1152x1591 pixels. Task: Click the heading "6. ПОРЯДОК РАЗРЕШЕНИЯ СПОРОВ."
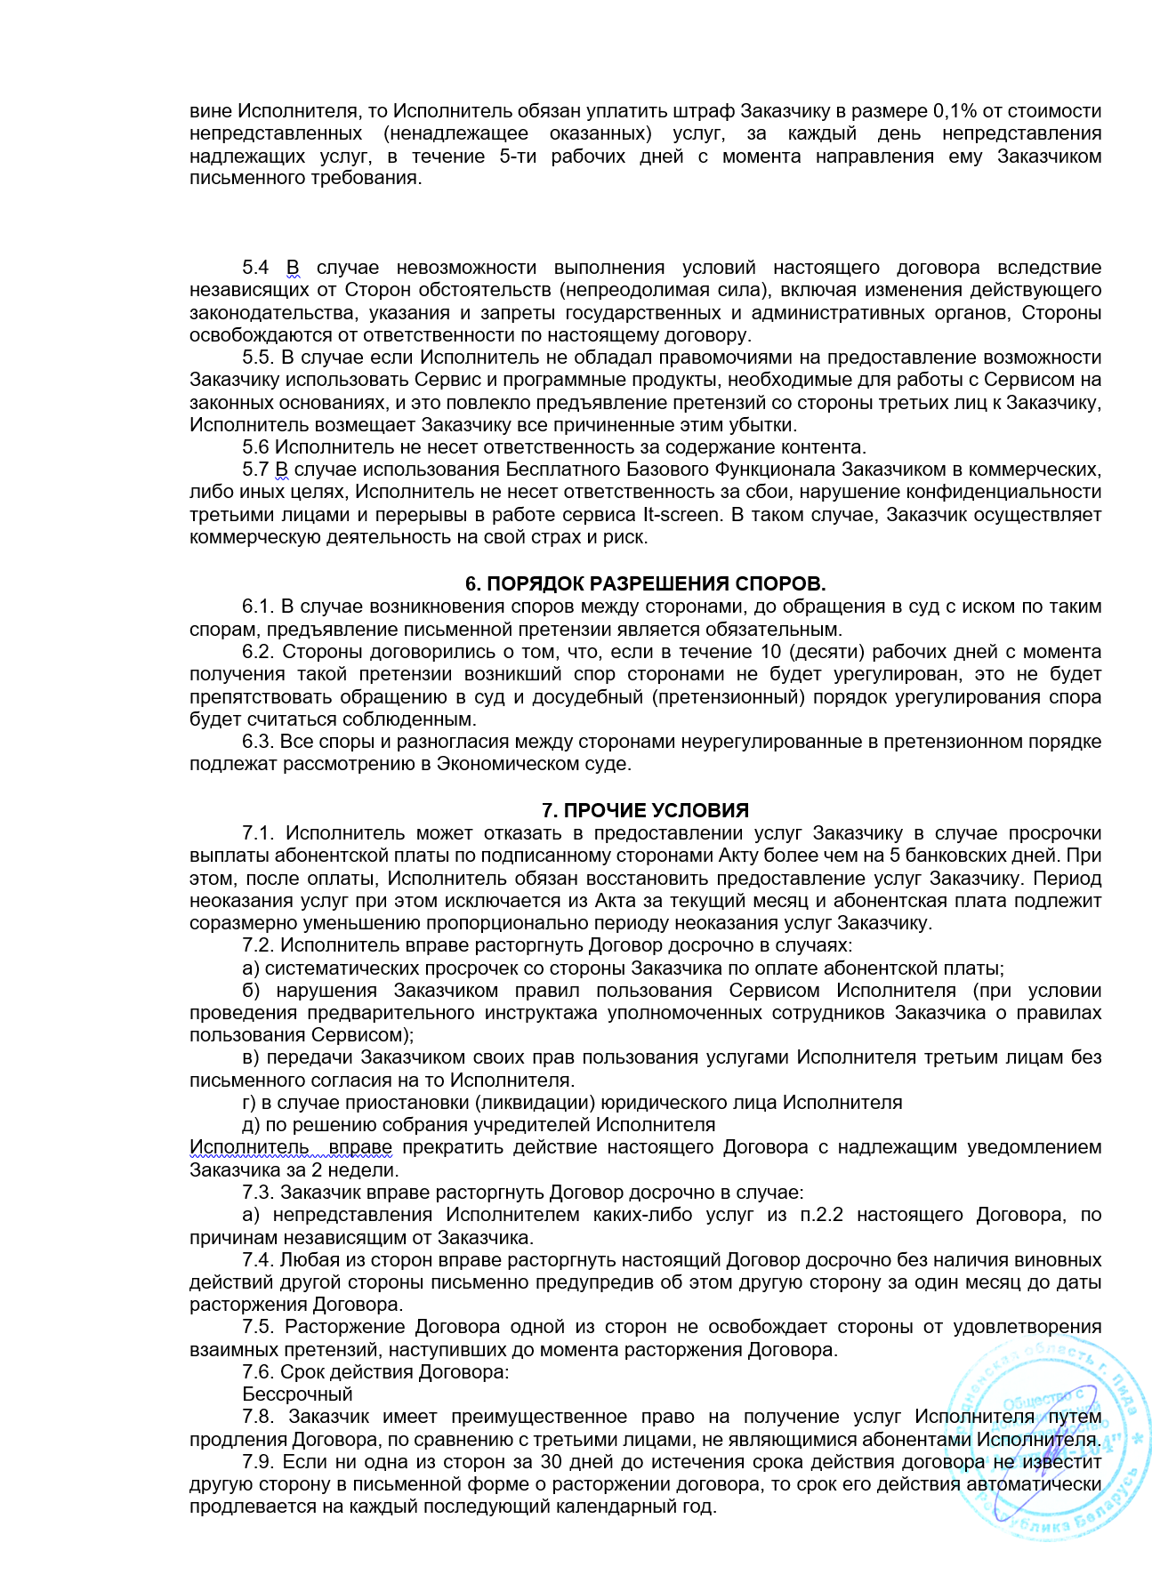(645, 584)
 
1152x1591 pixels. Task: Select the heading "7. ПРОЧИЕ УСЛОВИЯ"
(645, 810)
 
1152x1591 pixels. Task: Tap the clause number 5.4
(255, 268)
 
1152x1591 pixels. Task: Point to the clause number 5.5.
(258, 358)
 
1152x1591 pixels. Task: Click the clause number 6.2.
(258, 652)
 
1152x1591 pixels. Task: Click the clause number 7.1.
(258, 833)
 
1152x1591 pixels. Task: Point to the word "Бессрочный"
(297, 1394)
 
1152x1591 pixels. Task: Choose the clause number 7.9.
(258, 1461)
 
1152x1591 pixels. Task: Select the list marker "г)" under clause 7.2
(249, 1103)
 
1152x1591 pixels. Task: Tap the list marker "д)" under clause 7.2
(250, 1125)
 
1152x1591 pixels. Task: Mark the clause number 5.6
(255, 447)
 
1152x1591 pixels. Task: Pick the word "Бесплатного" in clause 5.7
(558, 470)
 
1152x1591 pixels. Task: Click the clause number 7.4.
(258, 1260)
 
